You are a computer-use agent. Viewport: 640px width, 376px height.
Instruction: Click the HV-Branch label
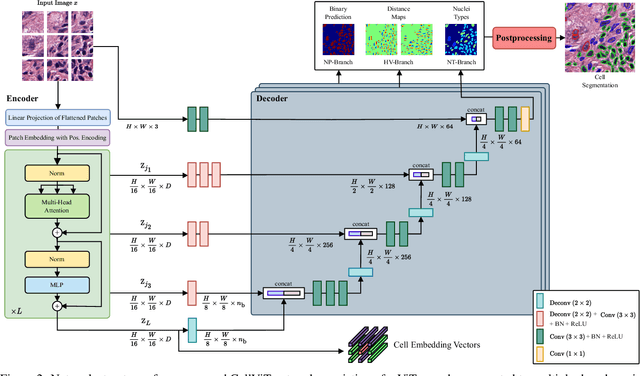401,74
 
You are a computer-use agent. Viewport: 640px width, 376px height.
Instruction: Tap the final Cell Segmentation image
599,38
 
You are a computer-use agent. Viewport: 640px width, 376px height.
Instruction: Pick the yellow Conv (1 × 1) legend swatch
541,353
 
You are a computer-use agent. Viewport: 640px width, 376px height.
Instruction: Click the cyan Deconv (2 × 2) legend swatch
541,299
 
